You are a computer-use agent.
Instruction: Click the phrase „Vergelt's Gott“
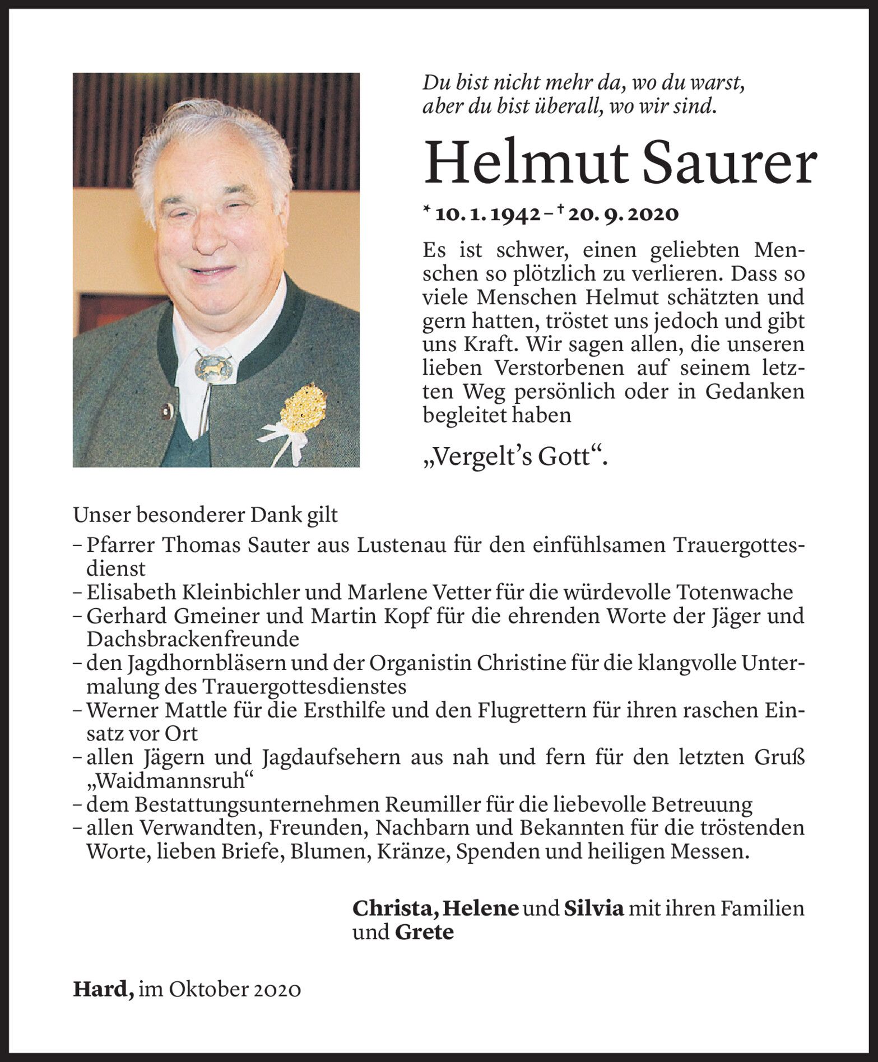tap(514, 458)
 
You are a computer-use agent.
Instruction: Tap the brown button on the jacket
tap(165, 413)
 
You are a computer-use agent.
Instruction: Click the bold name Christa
tap(394, 908)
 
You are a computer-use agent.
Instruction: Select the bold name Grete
tap(424, 933)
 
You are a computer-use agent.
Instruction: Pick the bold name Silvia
tap(593, 908)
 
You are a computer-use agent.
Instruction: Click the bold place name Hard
tap(101, 989)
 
